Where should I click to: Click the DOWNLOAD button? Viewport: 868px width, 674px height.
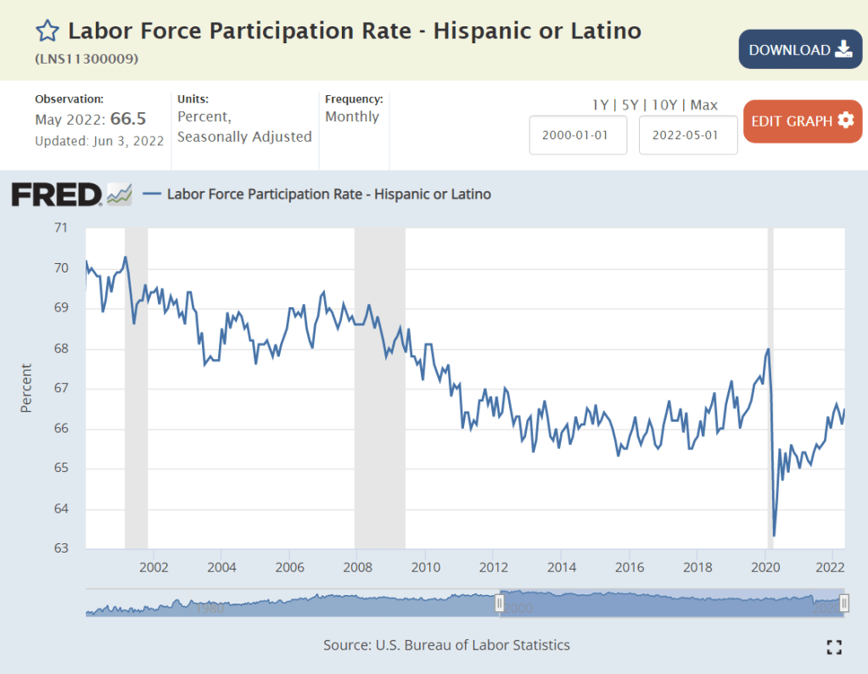click(801, 49)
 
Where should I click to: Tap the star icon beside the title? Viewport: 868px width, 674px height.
click(48, 32)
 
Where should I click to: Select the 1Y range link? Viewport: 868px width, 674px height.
click(600, 105)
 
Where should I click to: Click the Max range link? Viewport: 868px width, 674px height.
click(703, 105)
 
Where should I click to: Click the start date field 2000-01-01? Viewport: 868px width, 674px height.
click(578, 135)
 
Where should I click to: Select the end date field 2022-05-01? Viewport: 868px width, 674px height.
click(688, 135)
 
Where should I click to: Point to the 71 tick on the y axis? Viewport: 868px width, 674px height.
click(60, 227)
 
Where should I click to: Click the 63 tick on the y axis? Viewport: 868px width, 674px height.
click(60, 548)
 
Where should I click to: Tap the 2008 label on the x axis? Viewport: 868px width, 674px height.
click(357, 566)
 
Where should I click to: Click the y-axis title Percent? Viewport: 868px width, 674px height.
click(25, 388)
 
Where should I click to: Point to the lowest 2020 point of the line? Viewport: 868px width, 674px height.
click(774, 536)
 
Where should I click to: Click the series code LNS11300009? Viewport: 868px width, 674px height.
click(87, 59)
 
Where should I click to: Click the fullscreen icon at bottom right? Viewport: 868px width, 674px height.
click(834, 647)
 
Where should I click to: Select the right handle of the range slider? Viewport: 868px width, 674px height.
click(844, 603)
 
